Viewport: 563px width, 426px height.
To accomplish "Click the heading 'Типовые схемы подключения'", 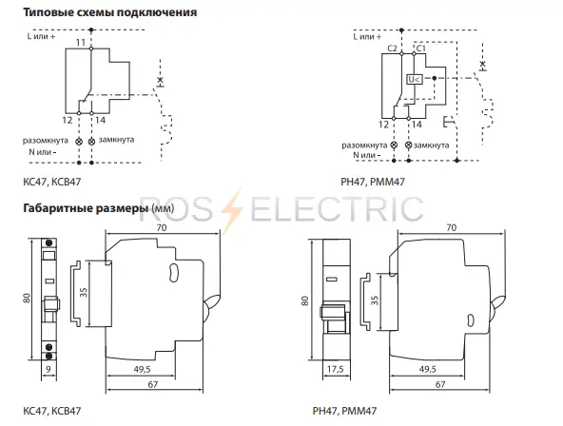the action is click(110, 12).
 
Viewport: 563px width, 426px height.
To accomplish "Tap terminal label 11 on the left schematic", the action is click(81, 43).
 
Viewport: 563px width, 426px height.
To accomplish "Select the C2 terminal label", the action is click(393, 48).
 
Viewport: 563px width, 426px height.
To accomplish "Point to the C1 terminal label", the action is click(420, 48).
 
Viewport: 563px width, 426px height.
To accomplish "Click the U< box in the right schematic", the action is click(415, 79).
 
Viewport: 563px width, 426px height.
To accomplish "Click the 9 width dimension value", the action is click(49, 369).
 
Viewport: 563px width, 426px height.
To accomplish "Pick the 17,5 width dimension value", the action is click(336, 369).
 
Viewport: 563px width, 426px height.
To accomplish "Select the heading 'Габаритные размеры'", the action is click(86, 208).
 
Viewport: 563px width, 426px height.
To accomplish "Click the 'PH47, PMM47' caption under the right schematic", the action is click(373, 182).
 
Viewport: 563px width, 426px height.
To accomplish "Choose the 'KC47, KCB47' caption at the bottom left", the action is click(52, 411).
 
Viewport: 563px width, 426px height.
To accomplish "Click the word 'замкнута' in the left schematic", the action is click(116, 139).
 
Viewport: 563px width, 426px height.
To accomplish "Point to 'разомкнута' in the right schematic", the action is click(364, 145).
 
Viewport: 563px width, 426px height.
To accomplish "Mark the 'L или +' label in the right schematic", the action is click(367, 36).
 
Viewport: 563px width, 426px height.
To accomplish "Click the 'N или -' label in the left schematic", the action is click(43, 152).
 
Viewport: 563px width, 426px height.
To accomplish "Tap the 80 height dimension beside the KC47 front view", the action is click(27, 299).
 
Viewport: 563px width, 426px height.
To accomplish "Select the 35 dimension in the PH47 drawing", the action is click(375, 300).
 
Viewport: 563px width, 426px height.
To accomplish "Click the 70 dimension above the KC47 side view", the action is click(162, 227).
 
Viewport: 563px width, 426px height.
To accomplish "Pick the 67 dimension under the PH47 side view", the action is click(440, 384).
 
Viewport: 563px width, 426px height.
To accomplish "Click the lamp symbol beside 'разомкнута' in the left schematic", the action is click(79, 142).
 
